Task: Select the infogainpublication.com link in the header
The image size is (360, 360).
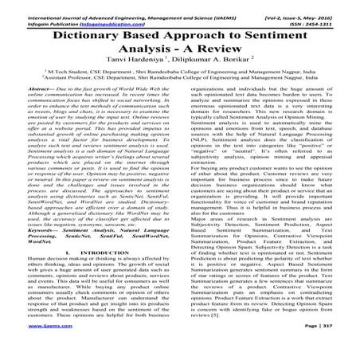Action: coord(96,14)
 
